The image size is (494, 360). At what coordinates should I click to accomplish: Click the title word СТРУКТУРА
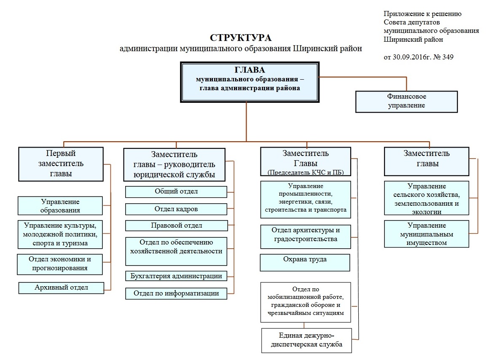tap(241, 38)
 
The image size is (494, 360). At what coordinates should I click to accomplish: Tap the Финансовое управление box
tap(406, 102)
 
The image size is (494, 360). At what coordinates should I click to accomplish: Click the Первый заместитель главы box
tap(61, 164)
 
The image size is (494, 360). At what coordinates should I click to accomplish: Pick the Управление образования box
tap(60, 206)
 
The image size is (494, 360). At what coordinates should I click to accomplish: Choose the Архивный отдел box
tap(61, 288)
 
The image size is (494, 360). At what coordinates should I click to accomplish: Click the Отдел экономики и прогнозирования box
tap(60, 264)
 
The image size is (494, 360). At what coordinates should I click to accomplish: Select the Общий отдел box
tap(176, 192)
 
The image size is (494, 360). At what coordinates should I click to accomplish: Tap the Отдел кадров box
tap(176, 209)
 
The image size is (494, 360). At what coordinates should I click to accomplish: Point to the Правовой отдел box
tap(176, 226)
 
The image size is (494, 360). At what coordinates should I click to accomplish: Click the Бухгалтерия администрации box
tap(176, 277)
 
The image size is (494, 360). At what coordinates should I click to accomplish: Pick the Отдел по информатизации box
tap(176, 293)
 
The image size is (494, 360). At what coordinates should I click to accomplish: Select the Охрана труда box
tap(305, 262)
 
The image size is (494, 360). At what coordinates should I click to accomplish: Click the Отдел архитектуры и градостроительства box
tap(305, 236)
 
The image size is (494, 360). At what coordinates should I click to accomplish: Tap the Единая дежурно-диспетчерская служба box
tap(306, 340)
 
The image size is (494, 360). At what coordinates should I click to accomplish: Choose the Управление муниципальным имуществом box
tap(426, 234)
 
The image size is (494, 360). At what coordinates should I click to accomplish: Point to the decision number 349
tap(448, 57)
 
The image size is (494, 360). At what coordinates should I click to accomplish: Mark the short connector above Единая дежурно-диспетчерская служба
tap(304, 325)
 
